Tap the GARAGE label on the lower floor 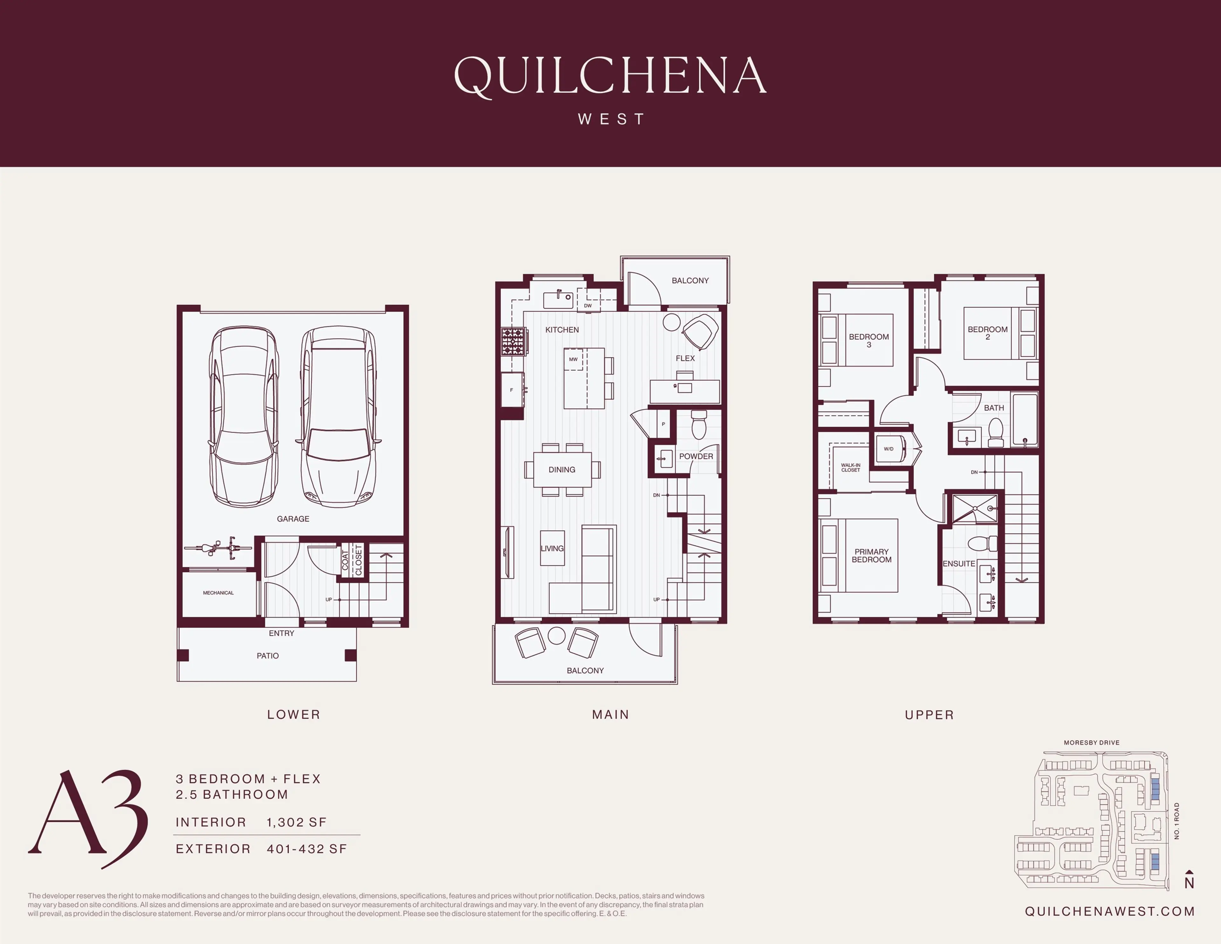coord(293,519)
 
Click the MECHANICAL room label coord(218,592)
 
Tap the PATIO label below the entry coord(268,656)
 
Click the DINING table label coord(562,470)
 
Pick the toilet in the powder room coord(699,425)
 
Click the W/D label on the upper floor coord(888,449)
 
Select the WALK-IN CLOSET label coord(850,467)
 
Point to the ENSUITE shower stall coord(975,509)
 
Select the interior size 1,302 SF coord(296,822)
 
